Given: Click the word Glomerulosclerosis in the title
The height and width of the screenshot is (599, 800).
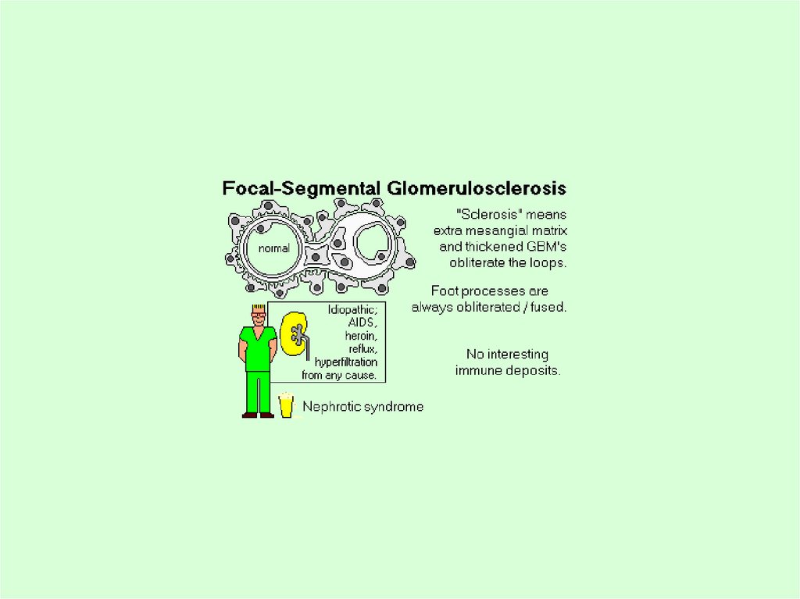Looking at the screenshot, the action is [476, 189].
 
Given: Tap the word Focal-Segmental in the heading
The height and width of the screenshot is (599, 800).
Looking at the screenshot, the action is [302, 189].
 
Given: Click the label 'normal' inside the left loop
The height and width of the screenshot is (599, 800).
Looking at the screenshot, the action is [273, 248].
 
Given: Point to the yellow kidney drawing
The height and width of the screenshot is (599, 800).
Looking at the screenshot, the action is [294, 334].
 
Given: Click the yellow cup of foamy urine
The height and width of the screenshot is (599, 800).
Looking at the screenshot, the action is [287, 405].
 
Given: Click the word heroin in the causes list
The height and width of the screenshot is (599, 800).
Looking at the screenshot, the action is [361, 336].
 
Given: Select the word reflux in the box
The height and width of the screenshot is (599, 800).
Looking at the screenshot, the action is [363, 349].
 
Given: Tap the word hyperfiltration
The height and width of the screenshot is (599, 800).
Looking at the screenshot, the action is [345, 362].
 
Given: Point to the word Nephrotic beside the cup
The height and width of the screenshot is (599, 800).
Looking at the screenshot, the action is [330, 406].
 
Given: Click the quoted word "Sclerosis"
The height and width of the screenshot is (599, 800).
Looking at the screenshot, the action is [485, 214].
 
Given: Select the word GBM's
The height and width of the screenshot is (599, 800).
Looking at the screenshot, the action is [545, 247].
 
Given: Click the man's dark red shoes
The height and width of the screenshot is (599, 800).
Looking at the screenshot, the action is [258, 415].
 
